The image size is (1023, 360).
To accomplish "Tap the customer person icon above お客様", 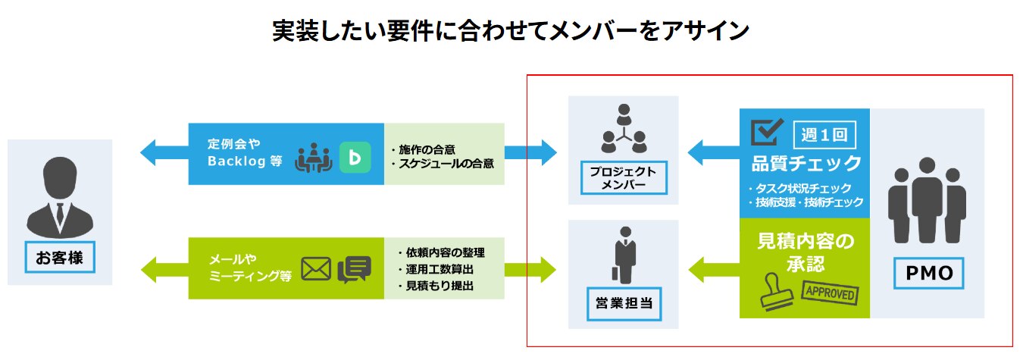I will [59, 197].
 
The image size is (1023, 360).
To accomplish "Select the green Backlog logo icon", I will [354, 157].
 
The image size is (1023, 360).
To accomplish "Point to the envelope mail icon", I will [316, 269].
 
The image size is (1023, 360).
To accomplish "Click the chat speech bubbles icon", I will [354, 269].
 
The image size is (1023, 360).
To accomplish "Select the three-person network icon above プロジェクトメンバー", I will [623, 128].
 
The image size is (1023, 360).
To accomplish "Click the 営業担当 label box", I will [623, 305].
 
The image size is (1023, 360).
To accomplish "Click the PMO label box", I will [929, 272].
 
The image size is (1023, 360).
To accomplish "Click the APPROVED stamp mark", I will [831, 293].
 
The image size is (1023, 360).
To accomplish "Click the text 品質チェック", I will [806, 163].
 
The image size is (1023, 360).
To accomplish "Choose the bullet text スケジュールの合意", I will [447, 164].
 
